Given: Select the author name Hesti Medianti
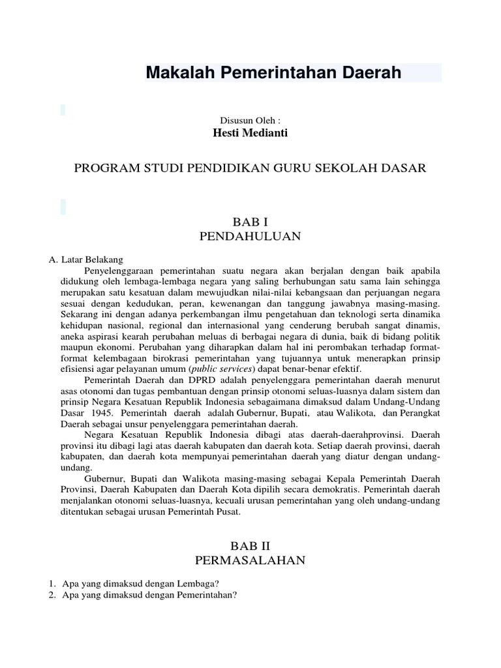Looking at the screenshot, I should [250, 133].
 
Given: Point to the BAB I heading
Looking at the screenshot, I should [250, 222].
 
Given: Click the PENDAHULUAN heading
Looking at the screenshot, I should [250, 237].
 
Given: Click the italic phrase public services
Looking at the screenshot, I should [217, 368].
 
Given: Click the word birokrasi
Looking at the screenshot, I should [175, 357].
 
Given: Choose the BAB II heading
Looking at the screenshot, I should [250, 545].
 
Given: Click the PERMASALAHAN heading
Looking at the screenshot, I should [250, 560].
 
